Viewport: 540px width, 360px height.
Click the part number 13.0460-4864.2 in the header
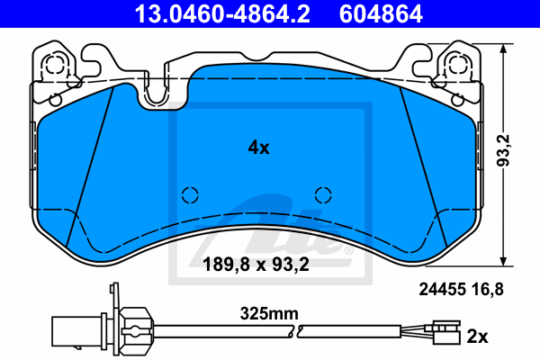tap(222, 13)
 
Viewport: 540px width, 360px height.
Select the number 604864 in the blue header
tap(381, 13)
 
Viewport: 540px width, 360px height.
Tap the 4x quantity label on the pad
tap(259, 148)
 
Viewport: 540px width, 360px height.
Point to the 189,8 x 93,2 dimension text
tap(256, 265)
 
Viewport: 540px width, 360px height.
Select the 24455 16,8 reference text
tap(461, 290)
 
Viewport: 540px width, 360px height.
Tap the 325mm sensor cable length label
tap(269, 313)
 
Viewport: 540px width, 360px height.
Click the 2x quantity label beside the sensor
tap(477, 337)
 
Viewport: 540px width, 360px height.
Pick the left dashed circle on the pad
tap(190, 195)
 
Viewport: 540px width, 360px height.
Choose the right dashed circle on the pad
tap(323, 195)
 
